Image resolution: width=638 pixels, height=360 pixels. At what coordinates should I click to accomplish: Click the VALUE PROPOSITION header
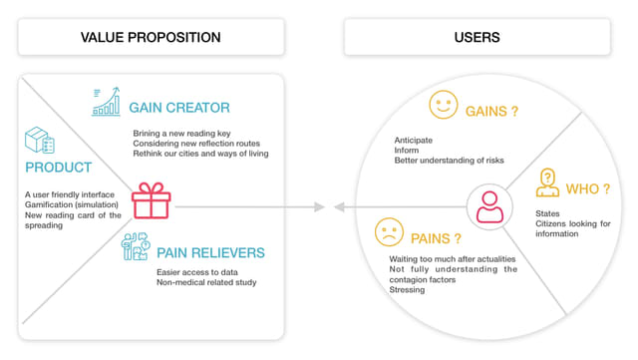[151, 38]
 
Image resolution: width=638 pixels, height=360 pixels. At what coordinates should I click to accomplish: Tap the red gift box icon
[151, 199]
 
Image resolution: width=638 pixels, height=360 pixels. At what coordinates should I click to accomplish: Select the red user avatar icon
[488, 206]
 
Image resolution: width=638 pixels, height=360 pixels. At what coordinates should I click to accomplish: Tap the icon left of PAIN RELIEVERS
[136, 245]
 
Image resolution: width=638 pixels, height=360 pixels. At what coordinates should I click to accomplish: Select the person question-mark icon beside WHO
[547, 182]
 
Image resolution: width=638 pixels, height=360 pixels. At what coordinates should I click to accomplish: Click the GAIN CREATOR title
[179, 108]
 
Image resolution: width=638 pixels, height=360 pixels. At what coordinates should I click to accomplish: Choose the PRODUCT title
[59, 168]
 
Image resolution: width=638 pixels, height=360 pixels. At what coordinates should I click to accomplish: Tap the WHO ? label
[588, 189]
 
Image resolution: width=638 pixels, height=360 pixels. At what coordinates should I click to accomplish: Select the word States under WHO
[547, 213]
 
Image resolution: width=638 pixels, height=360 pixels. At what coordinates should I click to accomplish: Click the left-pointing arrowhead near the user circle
[339, 207]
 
